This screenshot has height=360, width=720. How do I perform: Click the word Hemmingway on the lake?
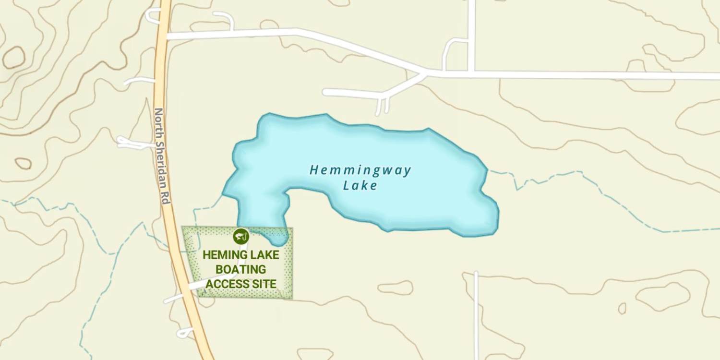[x=360, y=170]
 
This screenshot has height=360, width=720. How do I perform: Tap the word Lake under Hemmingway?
[x=360, y=186]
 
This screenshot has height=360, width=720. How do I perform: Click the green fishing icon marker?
[x=241, y=236]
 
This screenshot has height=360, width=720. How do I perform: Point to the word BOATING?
[x=240, y=269]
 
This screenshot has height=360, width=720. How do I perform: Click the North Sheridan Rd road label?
[x=162, y=156]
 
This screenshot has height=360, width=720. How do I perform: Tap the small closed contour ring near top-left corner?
[x=13, y=58]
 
